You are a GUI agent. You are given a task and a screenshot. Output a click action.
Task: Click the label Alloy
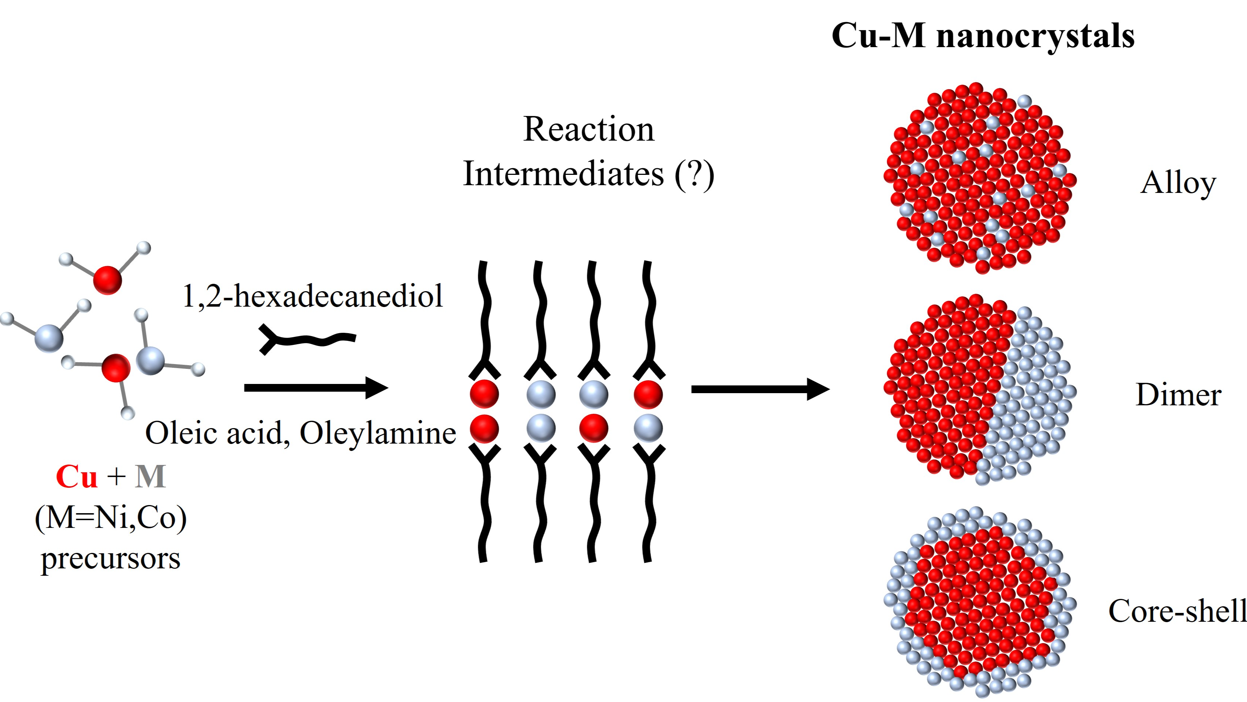tap(1178, 184)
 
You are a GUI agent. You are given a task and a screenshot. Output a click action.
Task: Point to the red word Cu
tap(77, 477)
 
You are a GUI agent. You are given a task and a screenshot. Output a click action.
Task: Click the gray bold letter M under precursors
tap(151, 477)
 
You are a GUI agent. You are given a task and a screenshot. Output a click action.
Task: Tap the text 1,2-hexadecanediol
tap(312, 296)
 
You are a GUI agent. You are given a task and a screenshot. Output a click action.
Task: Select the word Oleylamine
tap(378, 433)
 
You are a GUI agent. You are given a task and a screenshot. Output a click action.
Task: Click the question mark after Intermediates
tap(695, 174)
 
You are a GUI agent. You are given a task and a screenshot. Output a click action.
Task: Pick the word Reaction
tap(589, 130)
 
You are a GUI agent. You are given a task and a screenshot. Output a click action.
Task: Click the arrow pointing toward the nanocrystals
tap(760, 389)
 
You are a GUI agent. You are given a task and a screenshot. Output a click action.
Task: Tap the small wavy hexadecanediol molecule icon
tap(307, 340)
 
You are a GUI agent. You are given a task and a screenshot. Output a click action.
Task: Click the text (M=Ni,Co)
tap(111, 518)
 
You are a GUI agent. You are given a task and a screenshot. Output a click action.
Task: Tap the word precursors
tap(111, 559)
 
